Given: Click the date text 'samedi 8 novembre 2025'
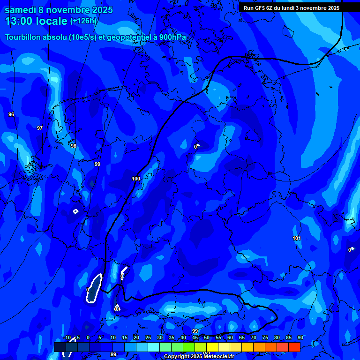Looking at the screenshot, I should (x=59, y=10).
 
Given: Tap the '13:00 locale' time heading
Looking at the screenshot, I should (x=36, y=21).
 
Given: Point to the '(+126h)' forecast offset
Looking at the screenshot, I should (x=83, y=21).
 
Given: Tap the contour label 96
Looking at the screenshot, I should (x=11, y=114).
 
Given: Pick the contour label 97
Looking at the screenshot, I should (x=40, y=128).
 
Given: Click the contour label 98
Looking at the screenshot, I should (x=74, y=146).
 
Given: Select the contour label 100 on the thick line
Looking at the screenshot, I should (x=136, y=179).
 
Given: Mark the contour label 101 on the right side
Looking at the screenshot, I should (x=297, y=239).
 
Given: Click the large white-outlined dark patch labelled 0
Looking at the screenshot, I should (x=95, y=288).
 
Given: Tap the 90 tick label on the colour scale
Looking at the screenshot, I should (x=300, y=338).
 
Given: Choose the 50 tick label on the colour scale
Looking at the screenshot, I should (x=207, y=338).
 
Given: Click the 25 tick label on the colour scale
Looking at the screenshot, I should (x=148, y=338).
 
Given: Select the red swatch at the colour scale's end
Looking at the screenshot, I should (x=294, y=347).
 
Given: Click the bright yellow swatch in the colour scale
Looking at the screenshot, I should (x=212, y=347).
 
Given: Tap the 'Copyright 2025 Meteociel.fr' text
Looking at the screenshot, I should (x=199, y=356).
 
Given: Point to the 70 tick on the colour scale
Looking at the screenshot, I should (x=254, y=338).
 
